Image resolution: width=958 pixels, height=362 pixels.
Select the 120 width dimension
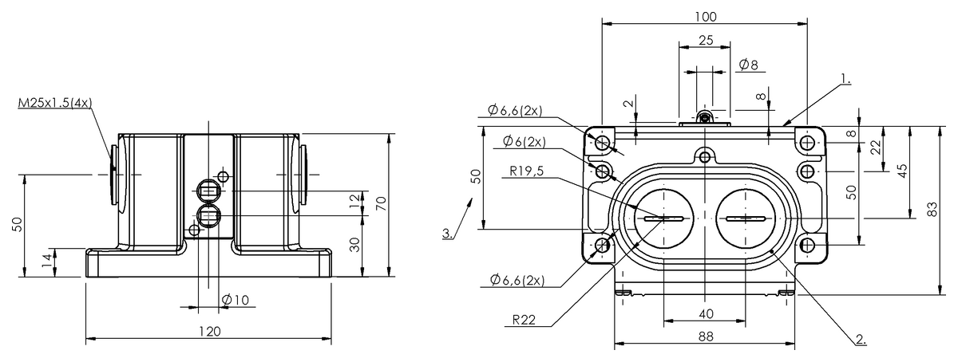(209, 331)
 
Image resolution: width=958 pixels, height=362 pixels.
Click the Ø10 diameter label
(236, 299)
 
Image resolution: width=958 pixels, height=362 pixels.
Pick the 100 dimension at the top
(706, 17)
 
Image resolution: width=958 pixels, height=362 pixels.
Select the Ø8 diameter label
(748, 65)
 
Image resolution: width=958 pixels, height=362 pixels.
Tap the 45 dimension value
(902, 171)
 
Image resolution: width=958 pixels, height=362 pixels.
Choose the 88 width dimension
(705, 337)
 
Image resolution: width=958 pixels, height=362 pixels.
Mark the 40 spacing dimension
(706, 313)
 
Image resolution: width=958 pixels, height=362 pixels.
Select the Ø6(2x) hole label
(525, 142)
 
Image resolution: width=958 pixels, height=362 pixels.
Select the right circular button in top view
(746, 218)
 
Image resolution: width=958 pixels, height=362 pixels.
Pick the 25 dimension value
(706, 41)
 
